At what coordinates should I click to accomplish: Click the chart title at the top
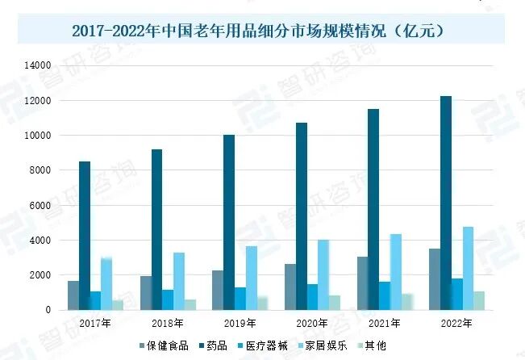[x=258, y=31]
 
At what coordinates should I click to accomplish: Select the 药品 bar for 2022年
[x=446, y=203]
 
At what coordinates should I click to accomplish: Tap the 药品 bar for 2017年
[x=85, y=236]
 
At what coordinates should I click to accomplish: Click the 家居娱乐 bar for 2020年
[x=323, y=275]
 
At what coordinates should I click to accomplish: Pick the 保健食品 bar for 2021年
[x=363, y=283]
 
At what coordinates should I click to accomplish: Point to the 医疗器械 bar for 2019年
[x=240, y=299]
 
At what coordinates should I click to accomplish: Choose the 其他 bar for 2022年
[x=479, y=300]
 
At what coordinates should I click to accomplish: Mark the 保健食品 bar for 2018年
[x=146, y=293]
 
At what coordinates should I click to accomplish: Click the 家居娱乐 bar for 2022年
[x=468, y=269]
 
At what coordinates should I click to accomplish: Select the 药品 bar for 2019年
[x=229, y=223]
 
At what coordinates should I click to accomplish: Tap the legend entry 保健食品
[x=164, y=345]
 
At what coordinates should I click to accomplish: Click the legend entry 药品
[x=213, y=345]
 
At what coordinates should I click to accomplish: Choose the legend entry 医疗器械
[x=263, y=345]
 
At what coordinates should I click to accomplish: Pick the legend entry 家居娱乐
[x=323, y=345]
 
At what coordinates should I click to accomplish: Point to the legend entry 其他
[x=372, y=345]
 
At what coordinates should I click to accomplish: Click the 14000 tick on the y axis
[x=37, y=65]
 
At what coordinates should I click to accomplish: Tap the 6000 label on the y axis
[x=40, y=206]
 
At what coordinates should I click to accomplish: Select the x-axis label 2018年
[x=168, y=324]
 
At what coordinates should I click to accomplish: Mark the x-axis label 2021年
[x=385, y=324]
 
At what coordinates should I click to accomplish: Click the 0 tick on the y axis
[x=48, y=310]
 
